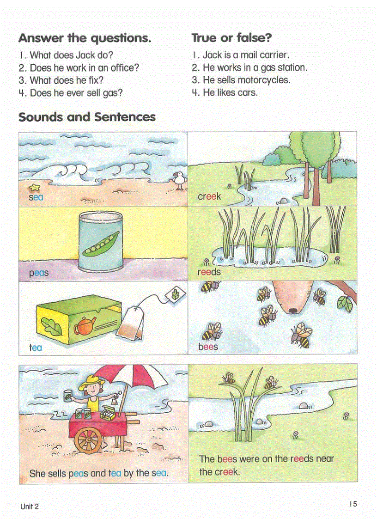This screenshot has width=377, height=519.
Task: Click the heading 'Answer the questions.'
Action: (85, 38)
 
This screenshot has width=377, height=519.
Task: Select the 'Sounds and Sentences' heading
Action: (87, 117)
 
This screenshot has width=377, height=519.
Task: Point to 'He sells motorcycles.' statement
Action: (241, 80)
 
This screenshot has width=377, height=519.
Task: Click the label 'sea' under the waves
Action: (36, 197)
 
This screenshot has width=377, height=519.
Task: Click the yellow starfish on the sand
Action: (34, 187)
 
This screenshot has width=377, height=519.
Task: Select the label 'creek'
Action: (209, 196)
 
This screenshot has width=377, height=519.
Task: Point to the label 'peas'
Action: (39, 273)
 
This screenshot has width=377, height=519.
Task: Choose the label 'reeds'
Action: (209, 272)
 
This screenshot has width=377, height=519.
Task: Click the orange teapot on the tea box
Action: (84, 325)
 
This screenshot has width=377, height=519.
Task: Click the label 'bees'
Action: (208, 347)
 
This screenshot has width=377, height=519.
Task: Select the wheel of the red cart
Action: (88, 440)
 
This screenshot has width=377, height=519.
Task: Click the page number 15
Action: (353, 504)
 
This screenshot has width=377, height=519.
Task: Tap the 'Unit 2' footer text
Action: (30, 506)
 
